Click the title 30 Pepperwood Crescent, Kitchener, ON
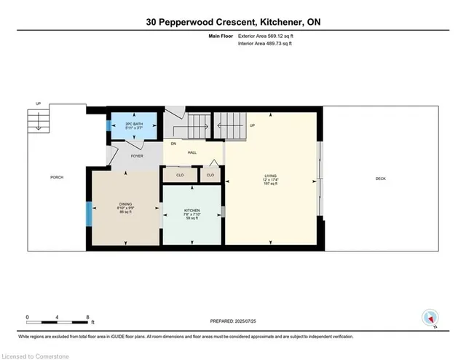(233, 22)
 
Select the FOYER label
(137, 156)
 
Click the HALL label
(192, 152)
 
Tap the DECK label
(380, 179)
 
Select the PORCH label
(56, 178)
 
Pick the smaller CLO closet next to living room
(210, 175)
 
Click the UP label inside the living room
(252, 125)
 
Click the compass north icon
(430, 317)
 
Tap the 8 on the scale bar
(87, 318)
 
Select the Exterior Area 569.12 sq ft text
(279, 35)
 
